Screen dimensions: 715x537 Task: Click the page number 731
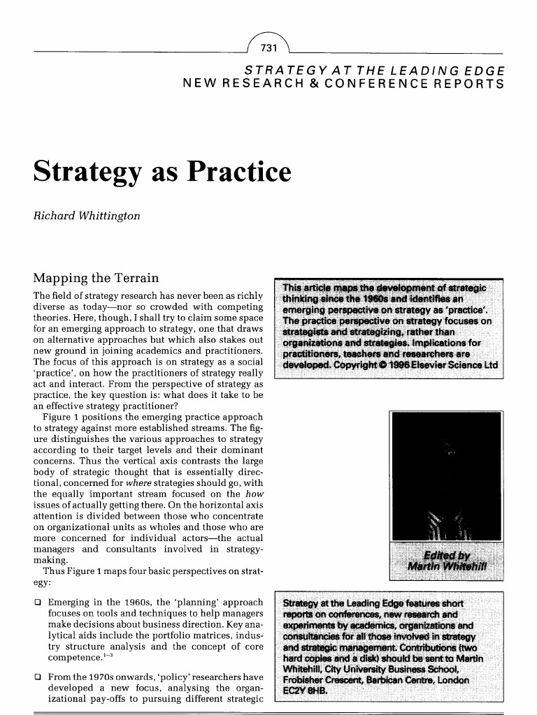point(268,47)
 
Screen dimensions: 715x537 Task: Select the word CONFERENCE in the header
point(392,84)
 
